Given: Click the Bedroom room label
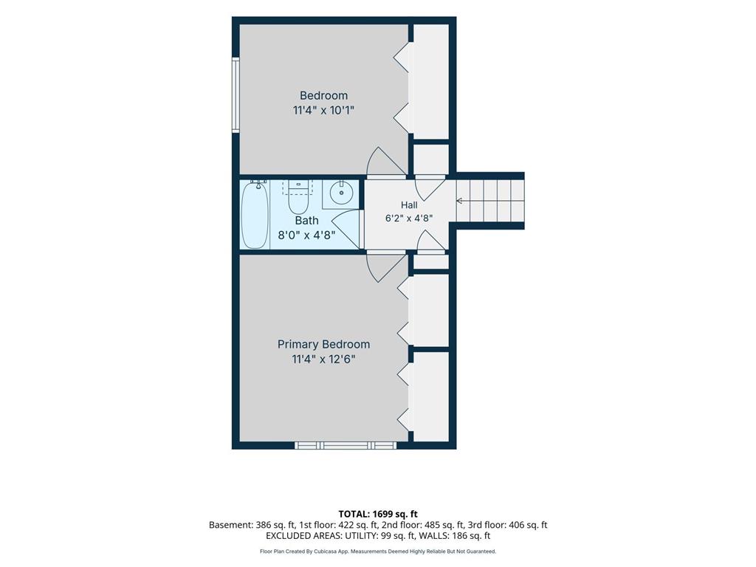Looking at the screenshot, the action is pos(323,95).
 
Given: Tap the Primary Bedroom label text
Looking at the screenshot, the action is pos(323,344).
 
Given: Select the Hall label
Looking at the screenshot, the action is pos(409,205).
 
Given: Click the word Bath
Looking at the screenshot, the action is pos(306,220).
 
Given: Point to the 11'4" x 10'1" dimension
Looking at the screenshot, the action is pos(323,110).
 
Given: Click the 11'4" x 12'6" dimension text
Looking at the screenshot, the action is pos(323,359).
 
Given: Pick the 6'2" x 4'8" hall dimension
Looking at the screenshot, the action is pos(409,218).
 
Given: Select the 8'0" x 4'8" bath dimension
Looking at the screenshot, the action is pos(306,236).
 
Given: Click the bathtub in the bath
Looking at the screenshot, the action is pos(255,215).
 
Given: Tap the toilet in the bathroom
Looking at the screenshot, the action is pos(298,198).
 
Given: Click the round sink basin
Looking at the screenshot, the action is pos(342,193).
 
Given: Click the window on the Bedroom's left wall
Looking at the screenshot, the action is pos(236,94).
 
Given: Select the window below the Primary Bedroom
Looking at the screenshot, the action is pos(346,445).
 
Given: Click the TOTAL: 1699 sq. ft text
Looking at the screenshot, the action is pos(378,514).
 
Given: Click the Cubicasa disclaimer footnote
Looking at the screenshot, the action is pos(378,551).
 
